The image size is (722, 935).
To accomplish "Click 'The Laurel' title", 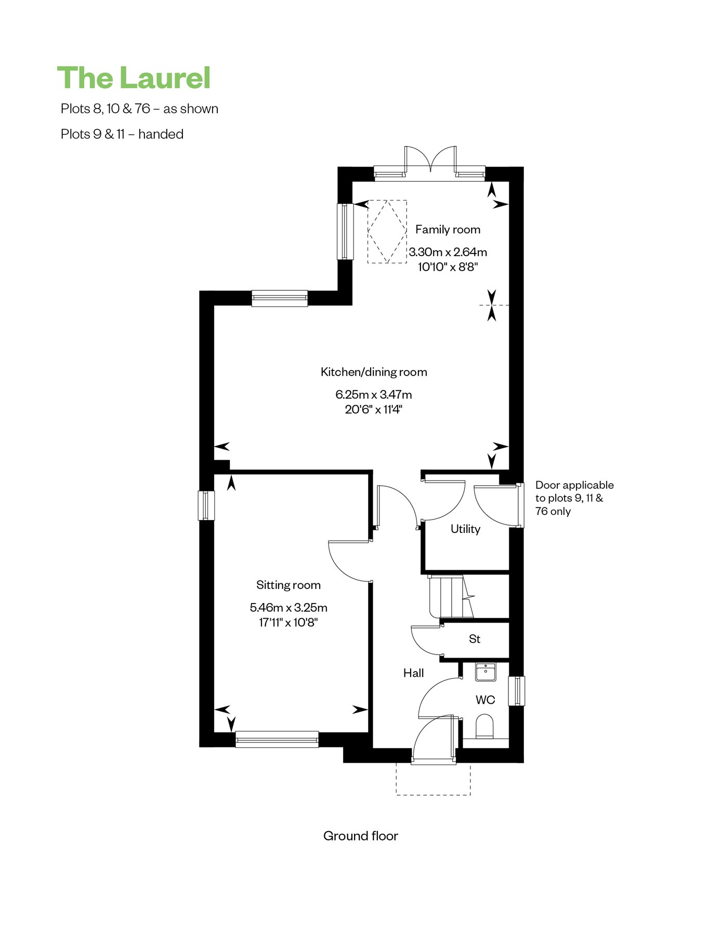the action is pyautogui.click(x=134, y=78).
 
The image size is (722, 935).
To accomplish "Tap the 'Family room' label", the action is pyautogui.click(x=448, y=230).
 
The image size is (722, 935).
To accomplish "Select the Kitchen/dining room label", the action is pyautogui.click(x=374, y=372).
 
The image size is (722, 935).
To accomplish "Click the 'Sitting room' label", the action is pyautogui.click(x=288, y=585).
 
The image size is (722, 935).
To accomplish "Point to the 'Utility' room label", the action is pyautogui.click(x=465, y=529).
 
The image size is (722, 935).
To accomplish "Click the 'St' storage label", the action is pyautogui.click(x=475, y=639).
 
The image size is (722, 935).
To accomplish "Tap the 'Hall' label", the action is pyautogui.click(x=413, y=673).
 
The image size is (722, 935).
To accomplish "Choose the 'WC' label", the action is pyautogui.click(x=485, y=700).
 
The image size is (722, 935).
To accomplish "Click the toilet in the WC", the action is pyautogui.click(x=484, y=726).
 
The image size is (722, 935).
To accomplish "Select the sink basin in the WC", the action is pyautogui.click(x=485, y=672).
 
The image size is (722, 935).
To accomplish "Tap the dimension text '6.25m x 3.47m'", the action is pyautogui.click(x=374, y=395).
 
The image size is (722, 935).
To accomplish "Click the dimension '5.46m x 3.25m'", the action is pyautogui.click(x=288, y=608).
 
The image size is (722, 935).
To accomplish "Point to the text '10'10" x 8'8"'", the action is pyautogui.click(x=448, y=267).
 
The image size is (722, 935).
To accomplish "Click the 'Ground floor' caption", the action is pyautogui.click(x=361, y=836).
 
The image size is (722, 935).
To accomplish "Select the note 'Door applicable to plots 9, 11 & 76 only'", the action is pyautogui.click(x=574, y=498).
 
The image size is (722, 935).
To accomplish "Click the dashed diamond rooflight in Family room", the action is pyautogui.click(x=387, y=231).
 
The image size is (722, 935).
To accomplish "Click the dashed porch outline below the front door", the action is pyautogui.click(x=434, y=779).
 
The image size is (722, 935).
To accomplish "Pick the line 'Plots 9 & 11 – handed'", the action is pyautogui.click(x=122, y=134).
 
